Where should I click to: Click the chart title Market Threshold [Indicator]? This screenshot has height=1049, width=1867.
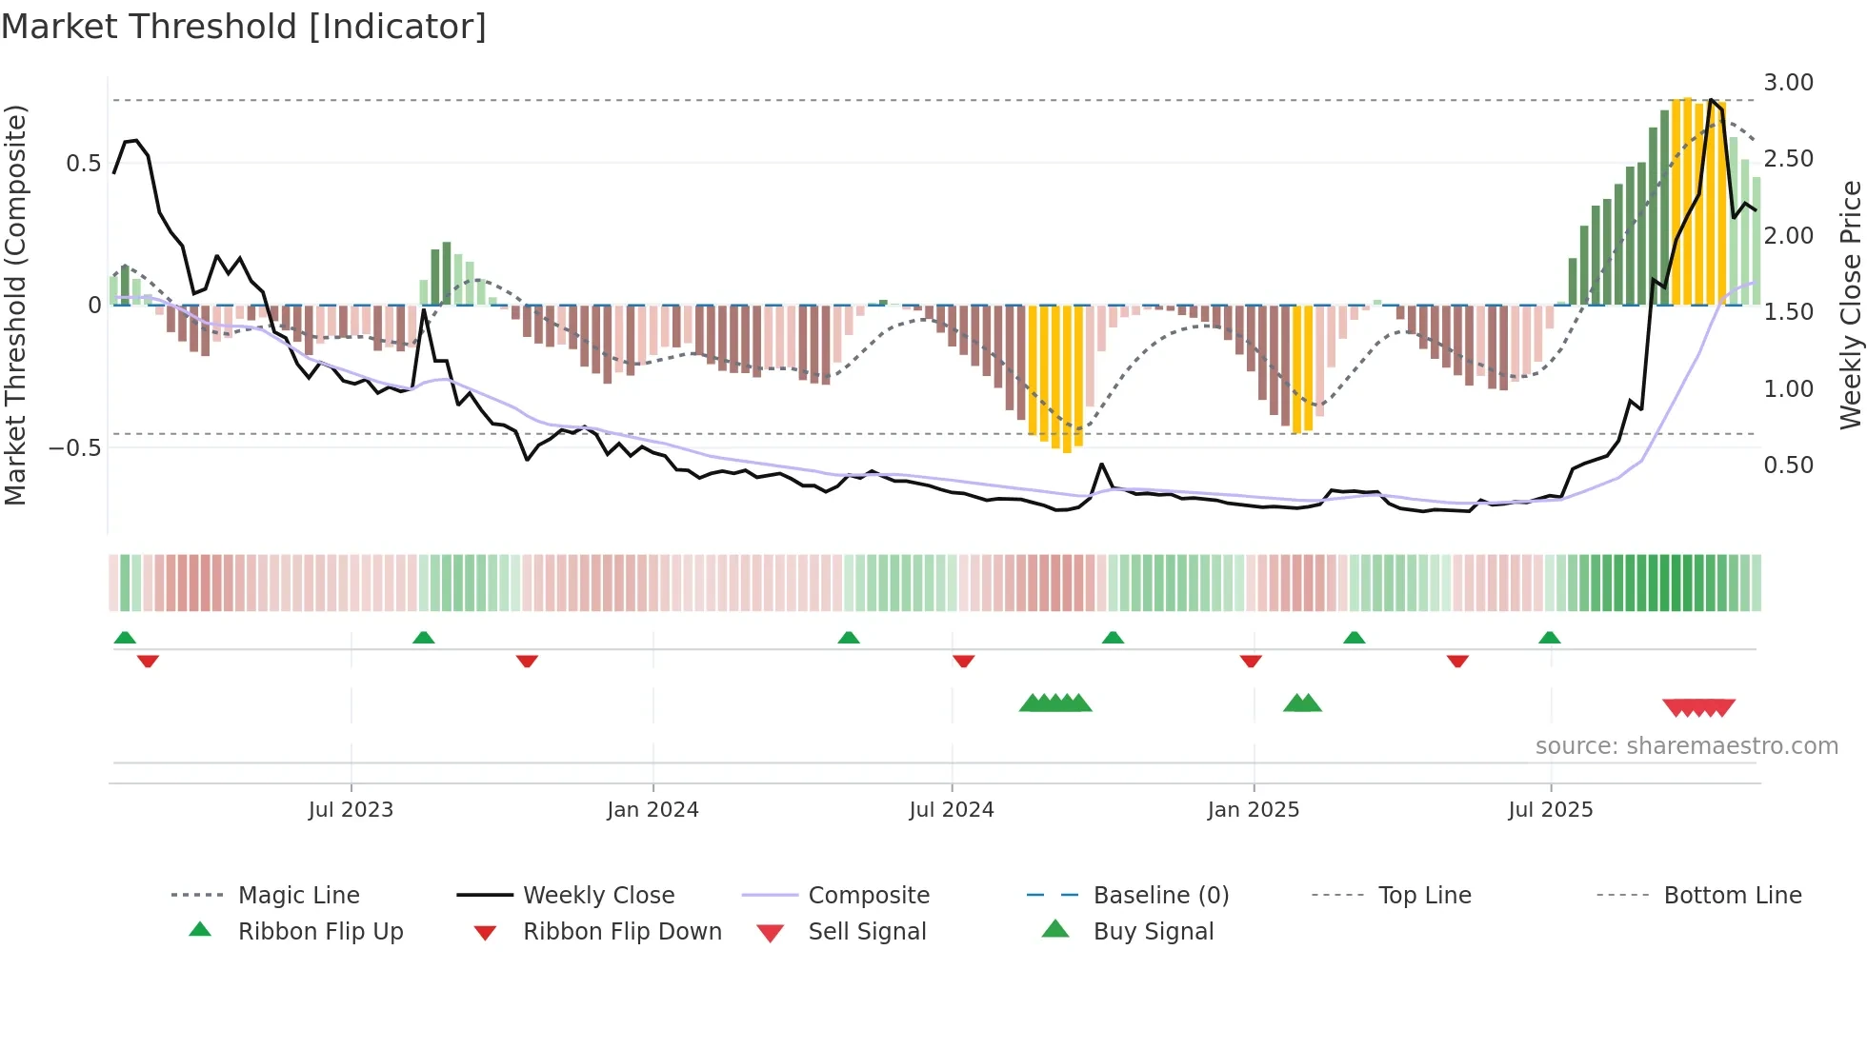pos(244,27)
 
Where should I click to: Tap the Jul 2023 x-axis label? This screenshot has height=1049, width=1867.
pos(351,810)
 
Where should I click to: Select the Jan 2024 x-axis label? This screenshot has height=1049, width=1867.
pos(652,810)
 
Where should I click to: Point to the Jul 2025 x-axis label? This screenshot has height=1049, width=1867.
pos(1550,810)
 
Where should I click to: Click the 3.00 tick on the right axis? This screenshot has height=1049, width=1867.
pos(1788,83)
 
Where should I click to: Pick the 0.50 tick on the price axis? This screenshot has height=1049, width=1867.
pos(1788,465)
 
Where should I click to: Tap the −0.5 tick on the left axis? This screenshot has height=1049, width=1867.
pos(74,447)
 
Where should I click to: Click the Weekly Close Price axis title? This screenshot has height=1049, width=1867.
pos(1850,305)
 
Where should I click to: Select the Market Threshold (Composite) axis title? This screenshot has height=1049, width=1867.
pos(15,305)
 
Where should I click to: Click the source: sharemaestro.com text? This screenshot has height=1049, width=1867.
pos(1686,746)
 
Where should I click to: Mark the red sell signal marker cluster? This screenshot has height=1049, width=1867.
pos(1698,707)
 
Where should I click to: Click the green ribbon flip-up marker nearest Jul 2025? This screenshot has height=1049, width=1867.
pos(1549,638)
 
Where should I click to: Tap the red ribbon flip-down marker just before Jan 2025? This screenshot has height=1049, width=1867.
pos(1251,661)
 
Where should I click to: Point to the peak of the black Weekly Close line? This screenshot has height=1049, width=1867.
pos(1711,99)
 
